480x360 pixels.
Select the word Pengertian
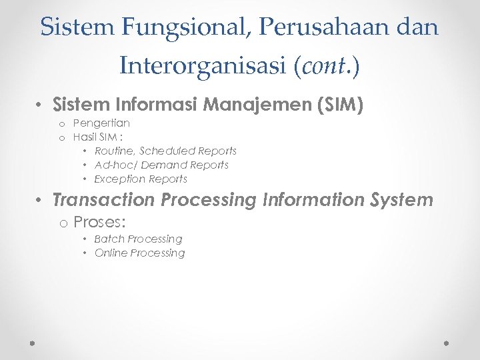(x=101, y=123)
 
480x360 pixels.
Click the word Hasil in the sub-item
(x=85, y=137)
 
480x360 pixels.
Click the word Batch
(x=109, y=239)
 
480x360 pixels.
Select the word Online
(x=111, y=253)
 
